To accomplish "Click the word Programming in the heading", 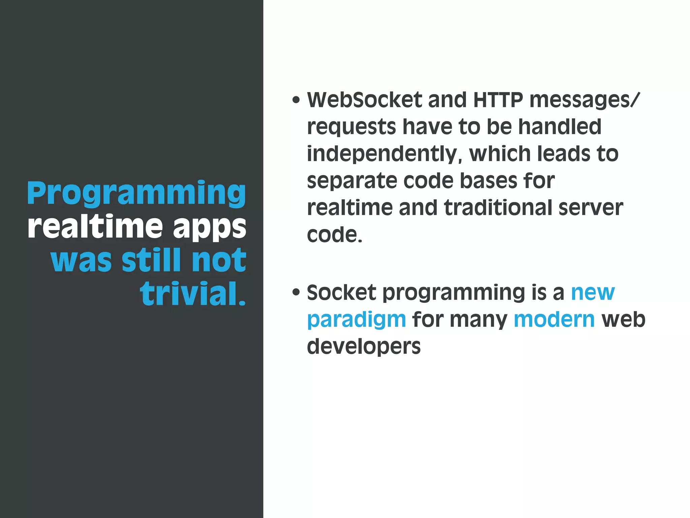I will click(136, 193).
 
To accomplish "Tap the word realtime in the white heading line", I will click(95, 226).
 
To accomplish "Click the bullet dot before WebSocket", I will click(296, 100).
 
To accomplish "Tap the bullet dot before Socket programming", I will click(296, 292).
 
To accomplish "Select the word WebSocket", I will click(364, 100).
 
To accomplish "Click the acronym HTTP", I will click(498, 100).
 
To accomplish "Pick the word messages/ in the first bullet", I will click(584, 100).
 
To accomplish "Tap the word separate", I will click(352, 181).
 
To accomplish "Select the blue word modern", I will click(554, 319).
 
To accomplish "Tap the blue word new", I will click(593, 293).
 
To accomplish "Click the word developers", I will click(364, 347).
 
